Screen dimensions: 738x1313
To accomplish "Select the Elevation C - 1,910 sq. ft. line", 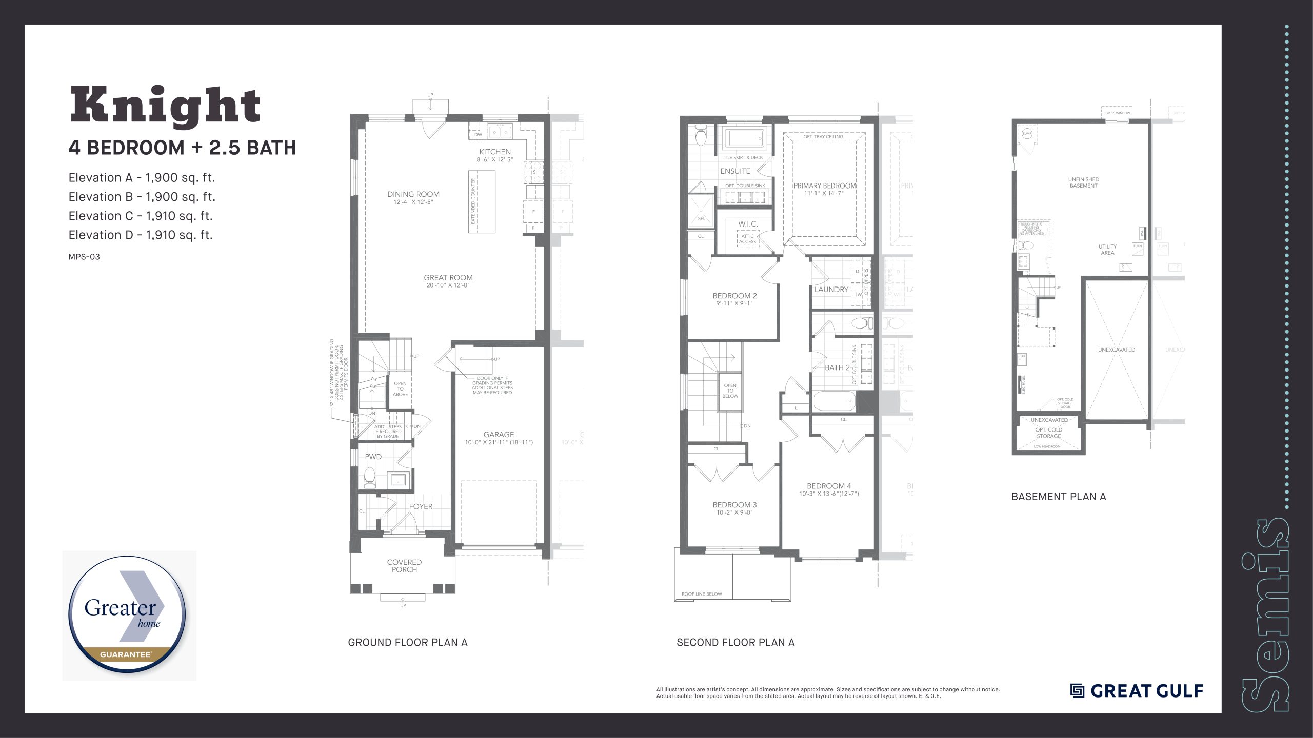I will (141, 216).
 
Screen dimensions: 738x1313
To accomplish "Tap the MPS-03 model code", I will (84, 257).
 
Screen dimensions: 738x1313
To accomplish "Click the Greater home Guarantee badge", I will (128, 615).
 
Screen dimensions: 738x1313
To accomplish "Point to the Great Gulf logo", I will (1137, 691).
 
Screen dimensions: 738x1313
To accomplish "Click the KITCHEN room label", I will (494, 152).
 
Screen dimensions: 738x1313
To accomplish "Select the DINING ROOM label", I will (413, 194).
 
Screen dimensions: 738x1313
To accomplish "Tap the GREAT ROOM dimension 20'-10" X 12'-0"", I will (448, 285).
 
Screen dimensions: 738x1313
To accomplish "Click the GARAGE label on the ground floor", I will (499, 435).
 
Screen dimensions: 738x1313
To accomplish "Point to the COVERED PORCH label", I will (404, 566).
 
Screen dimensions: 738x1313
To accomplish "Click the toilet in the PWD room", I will (369, 478).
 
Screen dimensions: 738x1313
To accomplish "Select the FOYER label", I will (421, 506).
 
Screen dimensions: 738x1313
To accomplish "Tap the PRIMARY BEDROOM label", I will (825, 186).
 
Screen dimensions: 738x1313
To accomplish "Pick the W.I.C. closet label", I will (748, 224).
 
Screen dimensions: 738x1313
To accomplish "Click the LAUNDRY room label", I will (831, 290).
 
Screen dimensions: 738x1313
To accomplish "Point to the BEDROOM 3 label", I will (734, 505).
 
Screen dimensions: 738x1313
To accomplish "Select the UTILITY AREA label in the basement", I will (1107, 250).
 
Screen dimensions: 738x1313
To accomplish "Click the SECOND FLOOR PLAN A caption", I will (735, 643).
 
